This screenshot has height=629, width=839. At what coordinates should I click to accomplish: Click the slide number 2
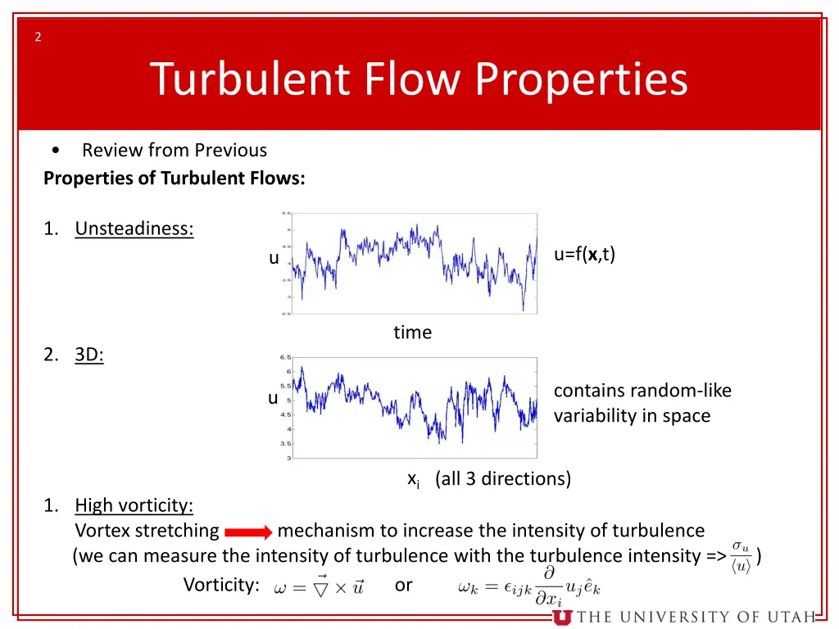coord(38,37)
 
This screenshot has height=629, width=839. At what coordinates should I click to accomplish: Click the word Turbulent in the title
coord(250,79)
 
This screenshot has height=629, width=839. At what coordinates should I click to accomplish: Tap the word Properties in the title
coord(582,79)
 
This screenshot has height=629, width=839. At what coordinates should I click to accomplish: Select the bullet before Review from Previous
coord(54,151)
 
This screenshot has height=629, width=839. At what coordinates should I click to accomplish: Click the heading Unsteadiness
coord(134,229)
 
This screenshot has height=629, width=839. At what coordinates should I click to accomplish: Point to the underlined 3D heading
coord(89,355)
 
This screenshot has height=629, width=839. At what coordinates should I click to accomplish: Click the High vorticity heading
coord(134,505)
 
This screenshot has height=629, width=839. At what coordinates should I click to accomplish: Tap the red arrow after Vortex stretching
coord(247,532)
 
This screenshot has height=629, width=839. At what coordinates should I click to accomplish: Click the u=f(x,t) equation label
coord(584,255)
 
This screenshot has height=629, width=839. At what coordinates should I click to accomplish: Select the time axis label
coord(412,333)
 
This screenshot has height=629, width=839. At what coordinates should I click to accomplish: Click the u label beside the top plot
coord(274,258)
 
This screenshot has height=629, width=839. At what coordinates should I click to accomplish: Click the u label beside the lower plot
coord(273,398)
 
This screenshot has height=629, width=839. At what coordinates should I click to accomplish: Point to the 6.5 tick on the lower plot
coord(285,358)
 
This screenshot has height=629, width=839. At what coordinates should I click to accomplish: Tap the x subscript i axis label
coord(414,479)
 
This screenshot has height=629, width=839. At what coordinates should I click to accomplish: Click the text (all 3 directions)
coord(503,479)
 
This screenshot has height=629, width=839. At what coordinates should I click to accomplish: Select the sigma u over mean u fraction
coord(741,556)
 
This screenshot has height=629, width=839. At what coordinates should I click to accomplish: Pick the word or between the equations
coord(403,585)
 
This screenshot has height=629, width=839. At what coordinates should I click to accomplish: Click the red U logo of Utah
coord(562,617)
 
